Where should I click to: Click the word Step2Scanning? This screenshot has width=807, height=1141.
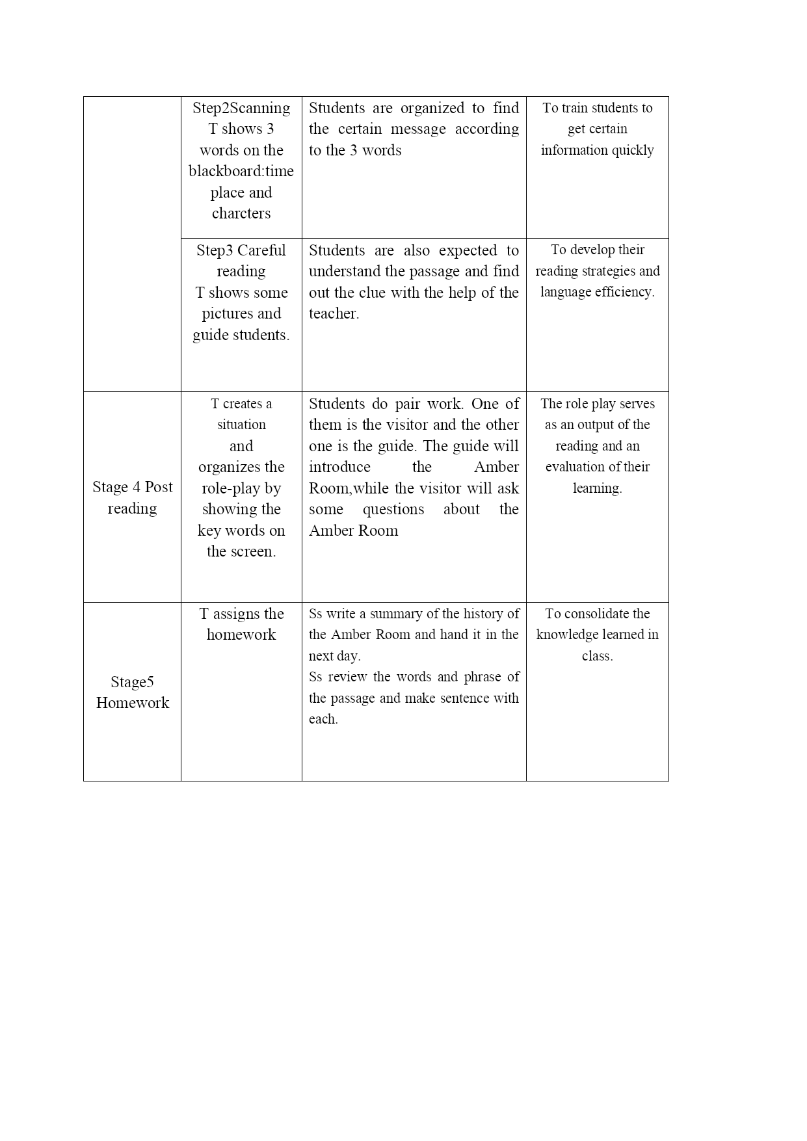point(241,108)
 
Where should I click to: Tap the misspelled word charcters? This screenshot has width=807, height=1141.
point(241,213)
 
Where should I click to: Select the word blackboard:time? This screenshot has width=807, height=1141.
point(241,171)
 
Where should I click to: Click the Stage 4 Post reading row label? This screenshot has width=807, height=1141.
point(133,497)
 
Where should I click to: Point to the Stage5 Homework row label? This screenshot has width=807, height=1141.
point(133,692)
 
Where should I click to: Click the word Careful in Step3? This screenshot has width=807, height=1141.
point(261,250)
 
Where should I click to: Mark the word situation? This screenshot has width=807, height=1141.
point(241,425)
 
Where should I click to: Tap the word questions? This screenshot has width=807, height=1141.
point(393,509)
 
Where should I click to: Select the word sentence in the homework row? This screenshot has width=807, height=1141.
point(465,698)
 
